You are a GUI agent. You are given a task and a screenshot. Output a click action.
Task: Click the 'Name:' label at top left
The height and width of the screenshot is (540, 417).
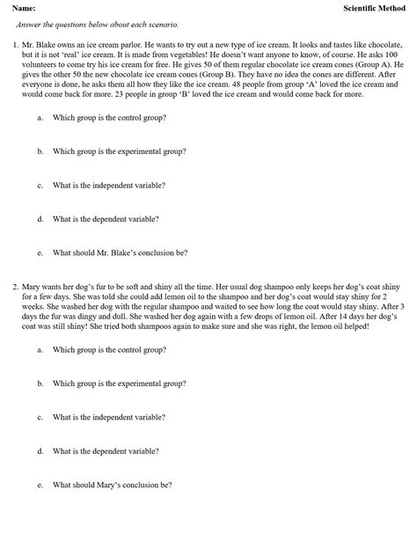tap(24, 8)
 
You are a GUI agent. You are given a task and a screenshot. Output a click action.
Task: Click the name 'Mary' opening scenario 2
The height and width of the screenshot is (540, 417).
tap(33, 286)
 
